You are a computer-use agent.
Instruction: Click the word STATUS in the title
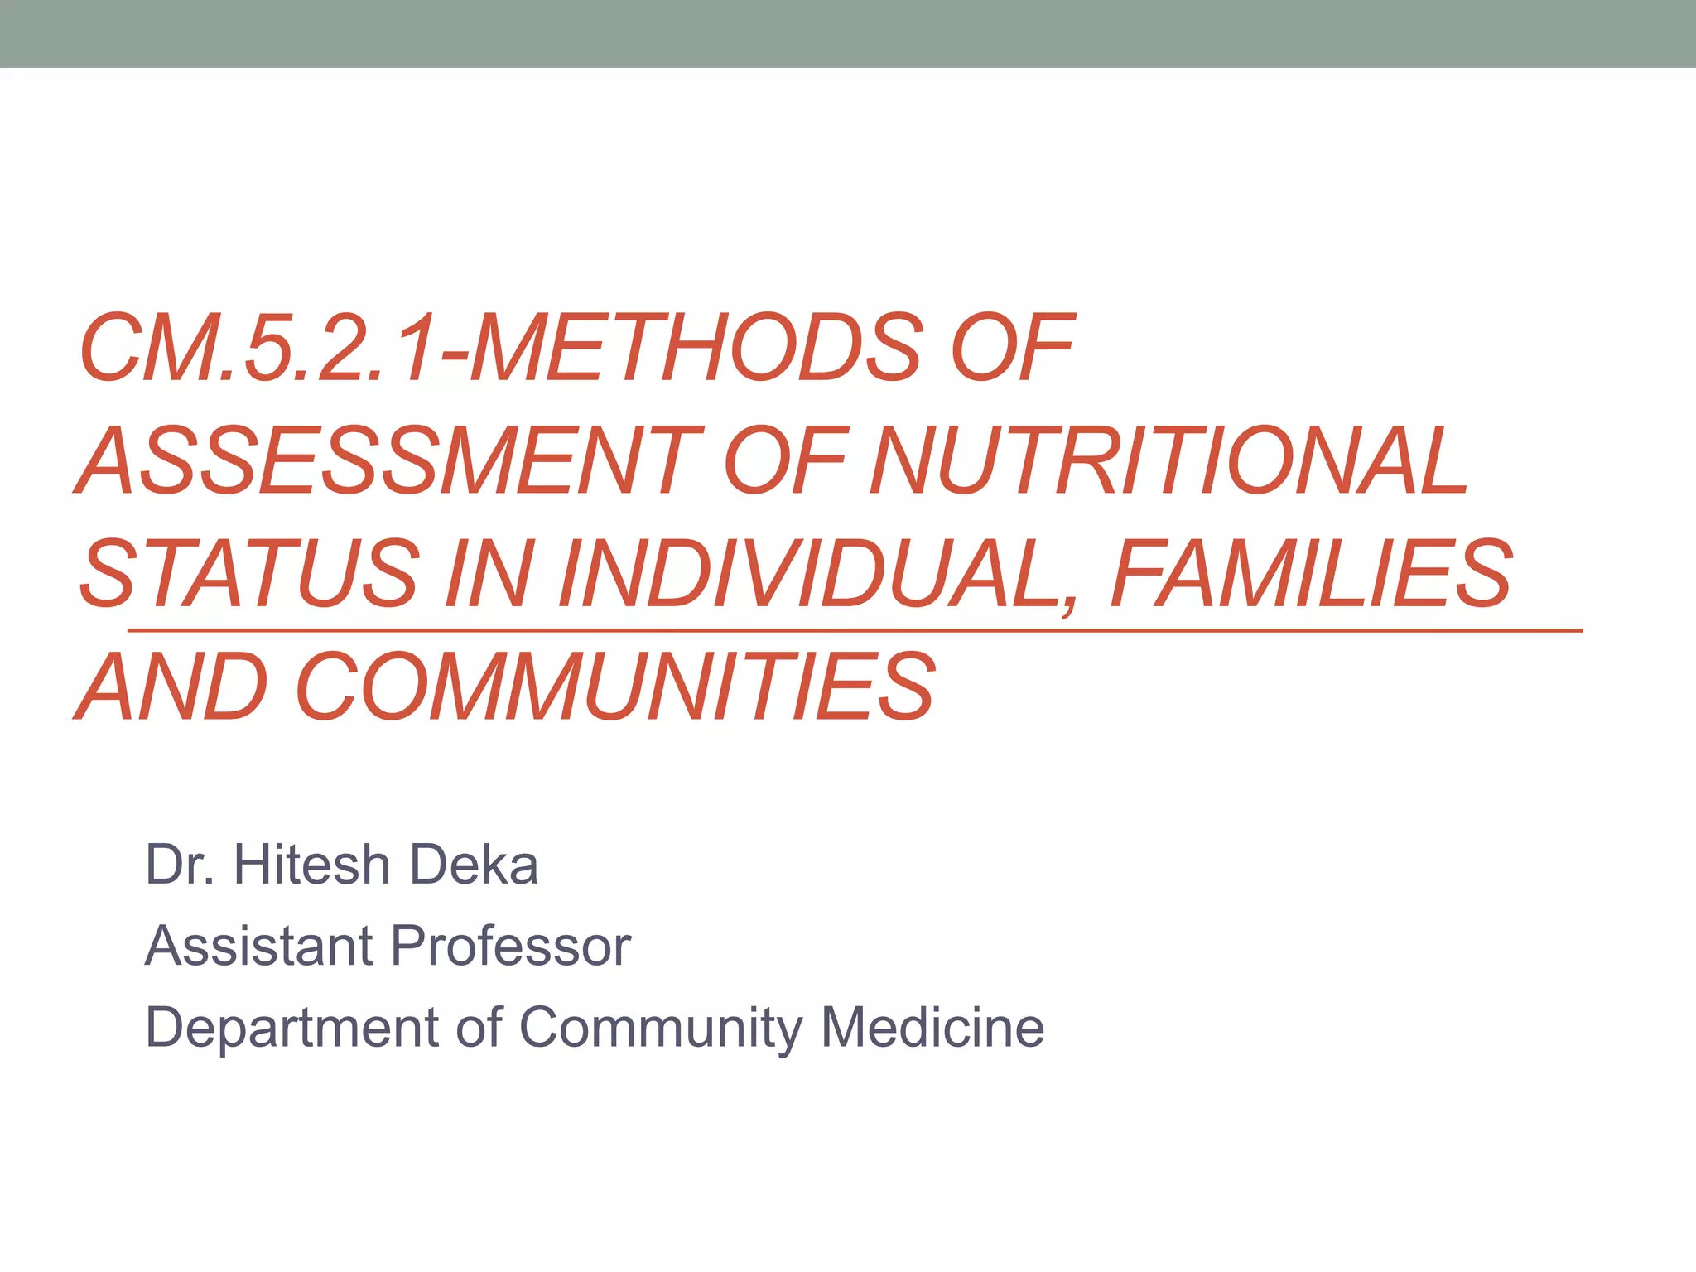[248, 573]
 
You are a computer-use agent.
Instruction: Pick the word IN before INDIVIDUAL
[485, 573]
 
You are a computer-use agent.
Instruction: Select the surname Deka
[474, 865]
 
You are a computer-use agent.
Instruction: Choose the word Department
[291, 1028]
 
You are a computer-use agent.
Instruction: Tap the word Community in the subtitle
[661, 1028]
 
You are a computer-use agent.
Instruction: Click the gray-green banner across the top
[848, 33]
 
